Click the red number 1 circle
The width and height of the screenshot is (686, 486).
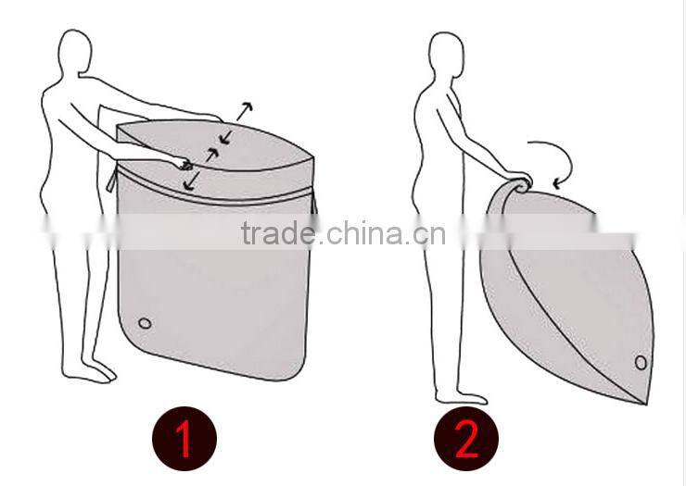pyautogui.click(x=184, y=439)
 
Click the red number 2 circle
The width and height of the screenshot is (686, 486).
pyautogui.click(x=466, y=439)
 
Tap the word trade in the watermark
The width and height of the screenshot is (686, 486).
pyautogui.click(x=278, y=233)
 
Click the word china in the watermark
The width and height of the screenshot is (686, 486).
pyautogui.click(x=366, y=233)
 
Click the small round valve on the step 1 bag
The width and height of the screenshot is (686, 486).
pyautogui.click(x=145, y=323)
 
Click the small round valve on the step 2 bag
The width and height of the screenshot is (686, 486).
pyautogui.click(x=641, y=362)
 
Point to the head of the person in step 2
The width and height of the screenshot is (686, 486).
pyautogui.click(x=446, y=54)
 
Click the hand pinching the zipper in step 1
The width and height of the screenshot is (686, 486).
pyautogui.click(x=184, y=164)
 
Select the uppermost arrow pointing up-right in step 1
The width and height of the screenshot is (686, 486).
pyautogui.click(x=245, y=111)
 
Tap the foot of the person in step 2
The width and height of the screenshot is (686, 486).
pyautogui.click(x=461, y=398)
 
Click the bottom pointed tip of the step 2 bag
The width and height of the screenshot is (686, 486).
pyautogui.click(x=645, y=403)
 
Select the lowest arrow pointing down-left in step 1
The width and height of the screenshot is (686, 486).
pyautogui.click(x=191, y=181)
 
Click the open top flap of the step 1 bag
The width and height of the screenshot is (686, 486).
pyautogui.click(x=214, y=144)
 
